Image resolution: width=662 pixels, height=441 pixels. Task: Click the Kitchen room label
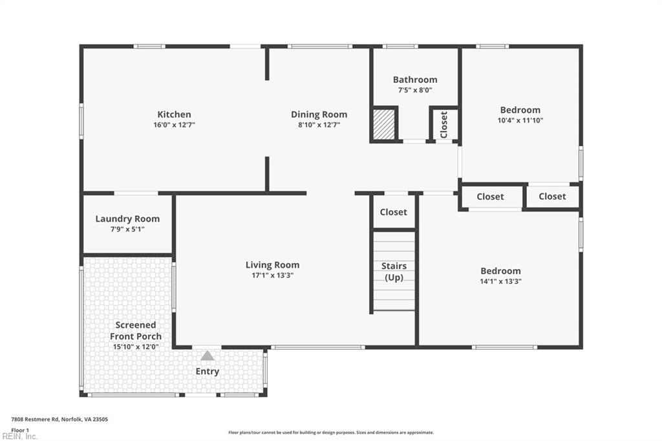(x=174, y=114)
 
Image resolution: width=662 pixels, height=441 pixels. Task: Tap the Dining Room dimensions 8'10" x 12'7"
(x=319, y=125)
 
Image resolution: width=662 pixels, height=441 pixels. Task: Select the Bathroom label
(x=415, y=80)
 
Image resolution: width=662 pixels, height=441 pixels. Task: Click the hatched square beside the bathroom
(x=384, y=124)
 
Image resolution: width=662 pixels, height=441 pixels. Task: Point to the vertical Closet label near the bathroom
(x=443, y=125)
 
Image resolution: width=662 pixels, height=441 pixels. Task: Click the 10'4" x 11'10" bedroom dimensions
(x=520, y=120)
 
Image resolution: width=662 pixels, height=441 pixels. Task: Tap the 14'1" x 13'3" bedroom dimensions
(x=501, y=281)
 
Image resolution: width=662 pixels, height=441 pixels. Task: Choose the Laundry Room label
(x=127, y=219)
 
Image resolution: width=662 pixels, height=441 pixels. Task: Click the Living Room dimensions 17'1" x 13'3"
(x=272, y=275)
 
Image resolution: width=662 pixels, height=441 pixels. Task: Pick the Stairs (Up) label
(x=394, y=272)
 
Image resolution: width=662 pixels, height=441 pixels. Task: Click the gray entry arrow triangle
(x=207, y=356)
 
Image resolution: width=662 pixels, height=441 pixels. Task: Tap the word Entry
(x=208, y=371)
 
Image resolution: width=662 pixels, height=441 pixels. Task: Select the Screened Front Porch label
(x=136, y=330)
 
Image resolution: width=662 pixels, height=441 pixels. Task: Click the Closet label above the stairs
(x=393, y=212)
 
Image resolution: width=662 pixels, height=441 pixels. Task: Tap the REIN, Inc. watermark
(x=19, y=436)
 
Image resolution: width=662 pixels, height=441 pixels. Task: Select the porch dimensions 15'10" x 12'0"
(x=136, y=347)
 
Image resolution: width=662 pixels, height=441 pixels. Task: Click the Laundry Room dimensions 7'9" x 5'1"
(x=127, y=230)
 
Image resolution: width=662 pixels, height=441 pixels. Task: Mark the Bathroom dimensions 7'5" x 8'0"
(x=415, y=90)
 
